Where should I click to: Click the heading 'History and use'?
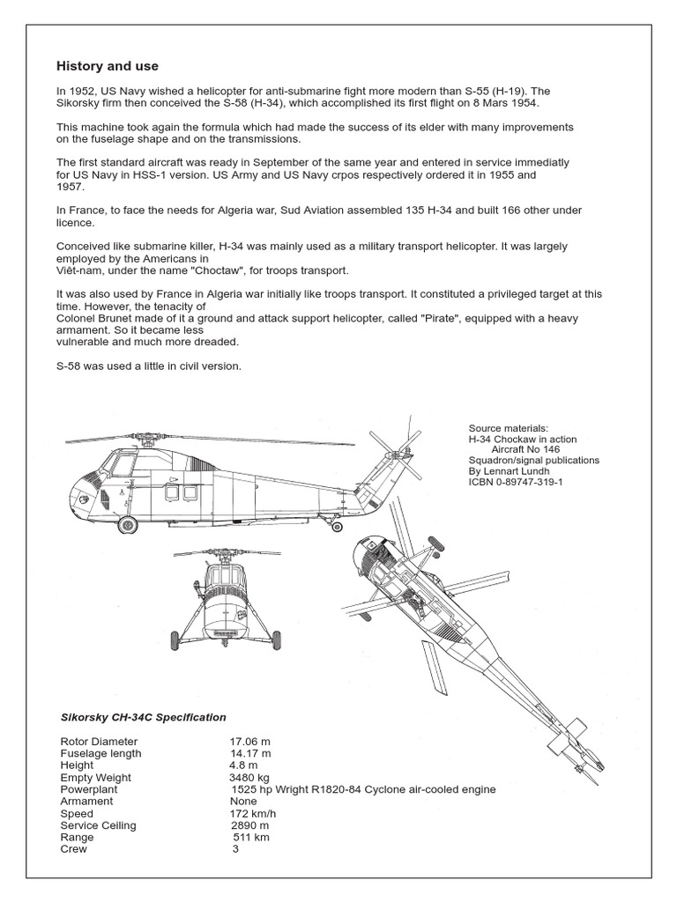click(108, 66)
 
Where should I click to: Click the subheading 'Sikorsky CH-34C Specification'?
click(143, 717)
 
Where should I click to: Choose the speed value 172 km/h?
click(252, 814)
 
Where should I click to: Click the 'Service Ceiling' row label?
click(98, 825)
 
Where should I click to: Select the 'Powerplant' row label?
click(88, 789)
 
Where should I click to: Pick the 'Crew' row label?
click(74, 849)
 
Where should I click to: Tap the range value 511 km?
click(250, 838)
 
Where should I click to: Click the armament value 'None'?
click(244, 802)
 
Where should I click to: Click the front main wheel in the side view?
click(128, 526)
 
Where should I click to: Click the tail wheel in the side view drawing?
click(337, 528)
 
